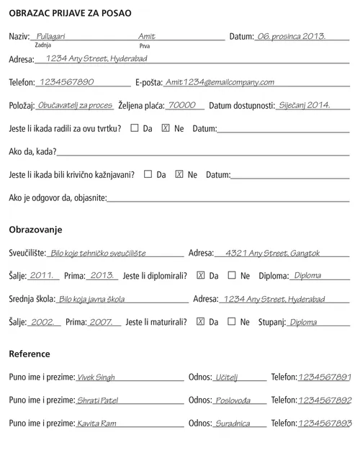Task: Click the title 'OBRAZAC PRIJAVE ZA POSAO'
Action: click(x=70, y=13)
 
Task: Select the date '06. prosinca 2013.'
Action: click(x=292, y=36)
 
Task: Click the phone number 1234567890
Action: click(x=67, y=82)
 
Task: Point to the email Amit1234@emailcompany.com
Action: click(x=220, y=82)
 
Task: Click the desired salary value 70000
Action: click(x=181, y=105)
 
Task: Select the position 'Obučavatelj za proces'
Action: click(x=75, y=105)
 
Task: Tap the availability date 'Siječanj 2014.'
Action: click(x=305, y=105)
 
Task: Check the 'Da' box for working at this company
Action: click(x=135, y=128)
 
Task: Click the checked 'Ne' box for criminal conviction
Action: click(x=179, y=174)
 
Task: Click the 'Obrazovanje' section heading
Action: click(x=35, y=229)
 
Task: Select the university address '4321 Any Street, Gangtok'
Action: click(x=272, y=254)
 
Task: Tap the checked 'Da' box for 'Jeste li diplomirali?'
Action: click(x=201, y=275)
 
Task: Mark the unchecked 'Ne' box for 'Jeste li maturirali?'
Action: click(x=232, y=321)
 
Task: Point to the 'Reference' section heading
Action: click(x=30, y=354)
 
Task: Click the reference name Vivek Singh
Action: click(x=96, y=377)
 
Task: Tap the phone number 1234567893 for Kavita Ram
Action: click(x=325, y=423)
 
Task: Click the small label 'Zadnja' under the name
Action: click(x=42, y=45)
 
